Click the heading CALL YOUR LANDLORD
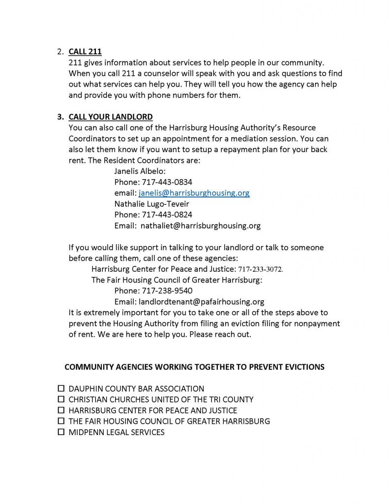pyautogui.click(x=111, y=117)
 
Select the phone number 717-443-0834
pyautogui.click(x=167, y=182)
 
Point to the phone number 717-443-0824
pyautogui.click(x=167, y=215)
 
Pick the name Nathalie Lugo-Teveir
pyautogui.click(x=151, y=204)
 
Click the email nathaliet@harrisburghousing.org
pyautogui.click(x=200, y=226)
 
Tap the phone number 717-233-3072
pyautogui.click(x=261, y=269)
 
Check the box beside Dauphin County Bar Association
pyautogui.click(x=61, y=388)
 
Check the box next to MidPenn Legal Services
pyautogui.click(x=61, y=432)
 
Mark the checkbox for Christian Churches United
pyautogui.click(x=61, y=399)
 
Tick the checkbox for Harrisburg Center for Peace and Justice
pyautogui.click(x=61, y=410)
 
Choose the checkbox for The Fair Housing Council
pyautogui.click(x=61, y=421)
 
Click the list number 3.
pyautogui.click(x=60, y=117)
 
